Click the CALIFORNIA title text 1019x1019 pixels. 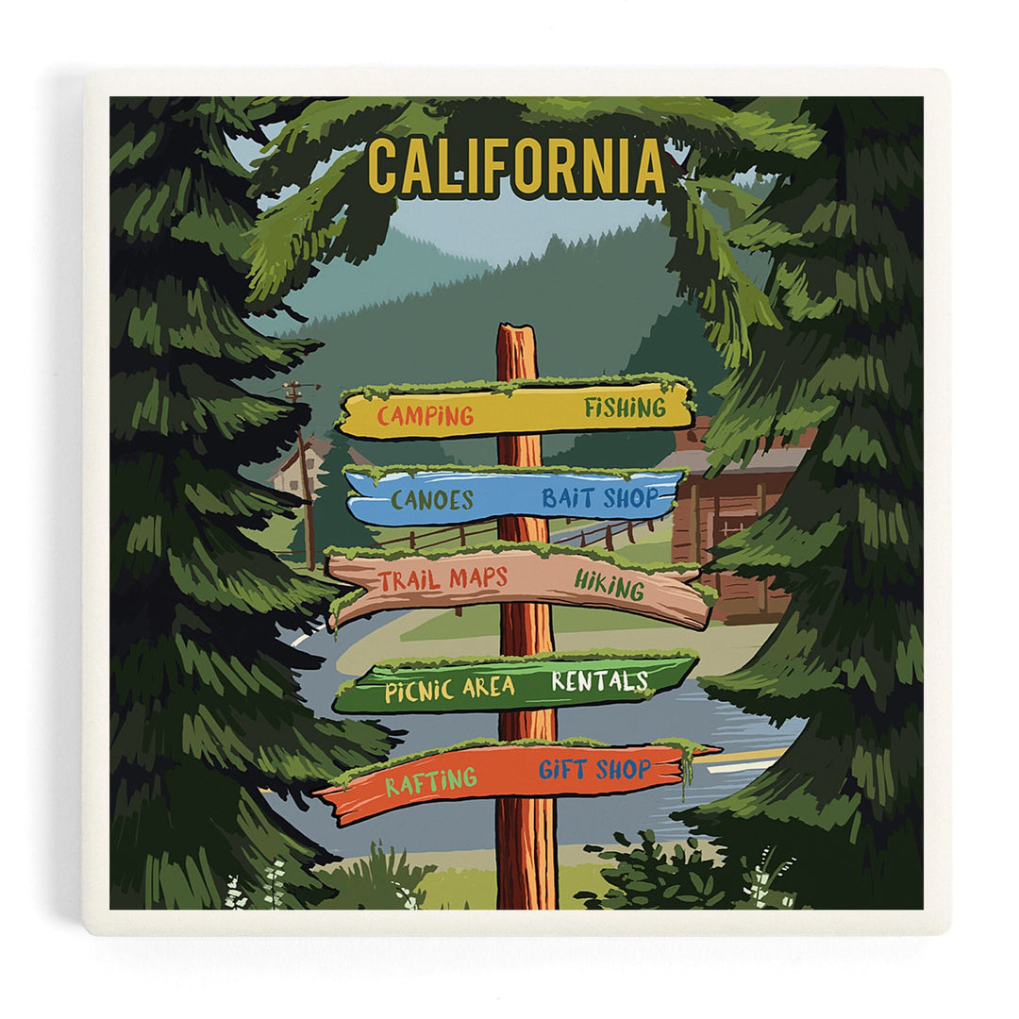[516, 167]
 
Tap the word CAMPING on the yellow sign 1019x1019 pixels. [426, 415]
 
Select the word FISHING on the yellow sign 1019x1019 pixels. [624, 409]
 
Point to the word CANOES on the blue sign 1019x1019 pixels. [431, 500]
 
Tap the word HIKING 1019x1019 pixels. [609, 587]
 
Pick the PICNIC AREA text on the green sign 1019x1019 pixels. [449, 690]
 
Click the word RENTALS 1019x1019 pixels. [599, 680]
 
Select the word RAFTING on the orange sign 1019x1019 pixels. [429, 781]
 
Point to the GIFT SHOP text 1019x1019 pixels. [594, 770]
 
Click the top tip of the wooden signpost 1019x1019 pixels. [516, 328]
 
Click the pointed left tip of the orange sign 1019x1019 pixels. [318, 794]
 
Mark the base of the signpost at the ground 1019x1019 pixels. [526, 903]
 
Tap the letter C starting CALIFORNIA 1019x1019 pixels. [382, 167]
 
